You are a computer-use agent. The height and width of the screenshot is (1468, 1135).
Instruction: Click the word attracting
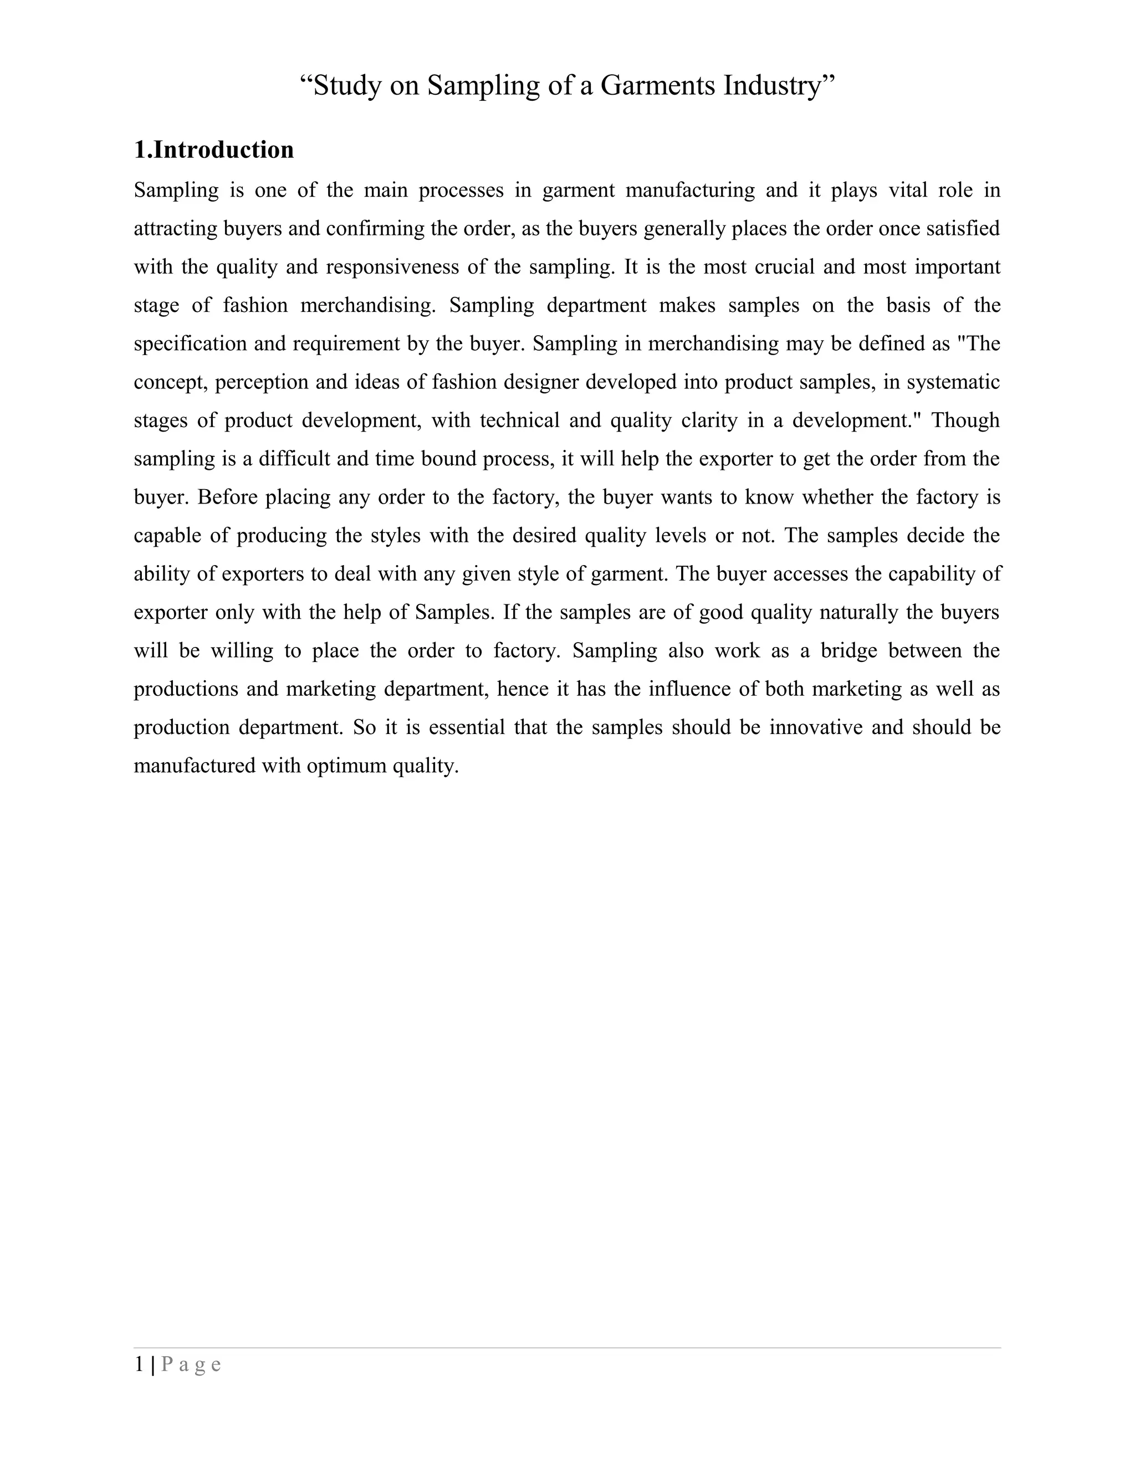click(x=176, y=229)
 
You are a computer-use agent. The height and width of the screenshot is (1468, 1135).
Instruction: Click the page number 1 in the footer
click(x=139, y=1364)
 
